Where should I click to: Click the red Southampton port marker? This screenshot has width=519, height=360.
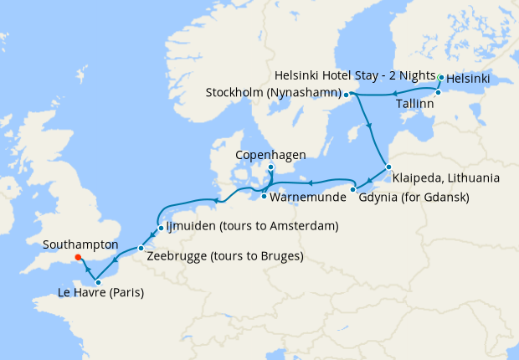click(77, 258)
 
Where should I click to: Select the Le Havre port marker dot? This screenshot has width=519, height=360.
click(99, 282)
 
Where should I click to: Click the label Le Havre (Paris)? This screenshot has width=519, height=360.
click(101, 294)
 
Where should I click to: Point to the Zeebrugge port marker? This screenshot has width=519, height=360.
click(140, 249)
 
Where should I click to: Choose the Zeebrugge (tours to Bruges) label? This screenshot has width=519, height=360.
click(224, 256)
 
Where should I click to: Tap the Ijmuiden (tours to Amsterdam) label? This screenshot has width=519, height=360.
click(254, 226)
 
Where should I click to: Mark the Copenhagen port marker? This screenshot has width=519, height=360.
click(270, 167)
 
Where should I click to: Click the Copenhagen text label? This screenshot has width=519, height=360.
click(270, 155)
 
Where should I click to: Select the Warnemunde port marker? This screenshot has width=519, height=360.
click(264, 197)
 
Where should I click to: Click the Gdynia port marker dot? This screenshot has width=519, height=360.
click(353, 189)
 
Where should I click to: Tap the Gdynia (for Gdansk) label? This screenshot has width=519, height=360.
click(413, 198)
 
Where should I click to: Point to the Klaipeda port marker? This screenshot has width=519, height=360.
click(388, 166)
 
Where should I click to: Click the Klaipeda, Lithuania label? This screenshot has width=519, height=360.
click(445, 178)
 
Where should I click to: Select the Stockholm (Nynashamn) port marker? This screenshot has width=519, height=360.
click(346, 95)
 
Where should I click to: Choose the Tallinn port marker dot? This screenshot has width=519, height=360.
click(437, 93)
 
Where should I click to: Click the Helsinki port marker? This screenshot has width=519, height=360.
click(441, 78)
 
